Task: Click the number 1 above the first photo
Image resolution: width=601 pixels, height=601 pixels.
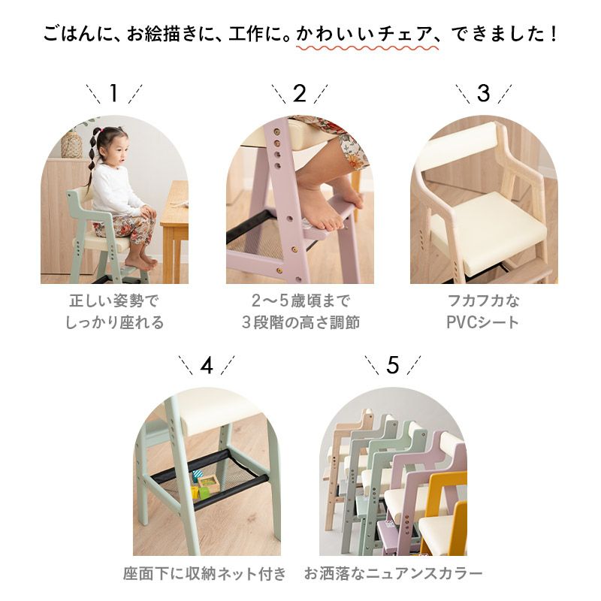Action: pos(113,94)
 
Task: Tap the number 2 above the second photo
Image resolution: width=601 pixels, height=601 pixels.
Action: pos(300,94)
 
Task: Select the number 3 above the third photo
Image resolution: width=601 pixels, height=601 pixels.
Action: pos(483,94)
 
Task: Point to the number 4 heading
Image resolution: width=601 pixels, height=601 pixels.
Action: pos(207,365)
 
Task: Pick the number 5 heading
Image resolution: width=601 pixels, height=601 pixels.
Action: pos(393,365)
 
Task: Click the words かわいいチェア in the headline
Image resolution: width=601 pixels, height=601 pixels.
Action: pos(358,35)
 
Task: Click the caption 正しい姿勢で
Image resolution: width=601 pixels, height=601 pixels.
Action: pos(114,301)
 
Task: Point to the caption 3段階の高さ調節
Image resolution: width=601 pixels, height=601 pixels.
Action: pos(300,323)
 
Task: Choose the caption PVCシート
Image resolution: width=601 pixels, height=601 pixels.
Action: pos(483,323)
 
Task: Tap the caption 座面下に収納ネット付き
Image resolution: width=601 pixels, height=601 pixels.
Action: pos(205,575)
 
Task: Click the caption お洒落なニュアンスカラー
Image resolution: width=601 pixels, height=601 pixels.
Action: pos(393,575)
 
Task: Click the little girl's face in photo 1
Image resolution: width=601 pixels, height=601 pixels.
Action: pos(113,143)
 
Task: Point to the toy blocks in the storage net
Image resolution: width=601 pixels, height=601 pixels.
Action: pos(203,486)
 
